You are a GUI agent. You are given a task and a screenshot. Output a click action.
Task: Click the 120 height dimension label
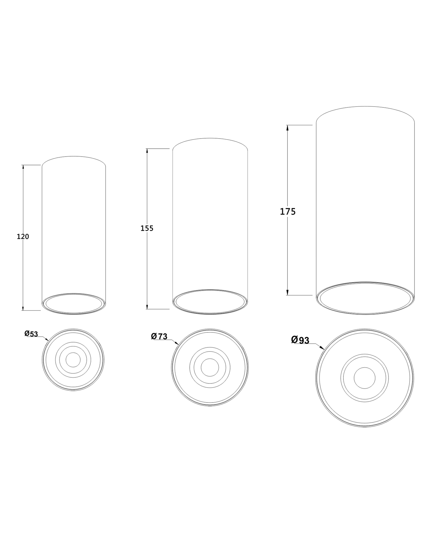point(23,237)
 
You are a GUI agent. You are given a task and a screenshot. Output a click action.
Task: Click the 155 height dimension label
point(147,228)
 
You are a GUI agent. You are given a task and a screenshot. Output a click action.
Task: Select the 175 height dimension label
point(288,211)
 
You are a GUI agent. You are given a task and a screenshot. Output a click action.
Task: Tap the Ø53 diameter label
point(31,334)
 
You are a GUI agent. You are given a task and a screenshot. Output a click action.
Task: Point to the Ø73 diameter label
point(159,336)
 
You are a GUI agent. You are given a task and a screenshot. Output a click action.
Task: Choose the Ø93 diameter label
point(300,340)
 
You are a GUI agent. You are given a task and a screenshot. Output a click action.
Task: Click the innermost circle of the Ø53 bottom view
point(73,360)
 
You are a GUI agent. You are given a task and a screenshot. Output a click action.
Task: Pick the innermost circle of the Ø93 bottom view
point(364,378)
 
